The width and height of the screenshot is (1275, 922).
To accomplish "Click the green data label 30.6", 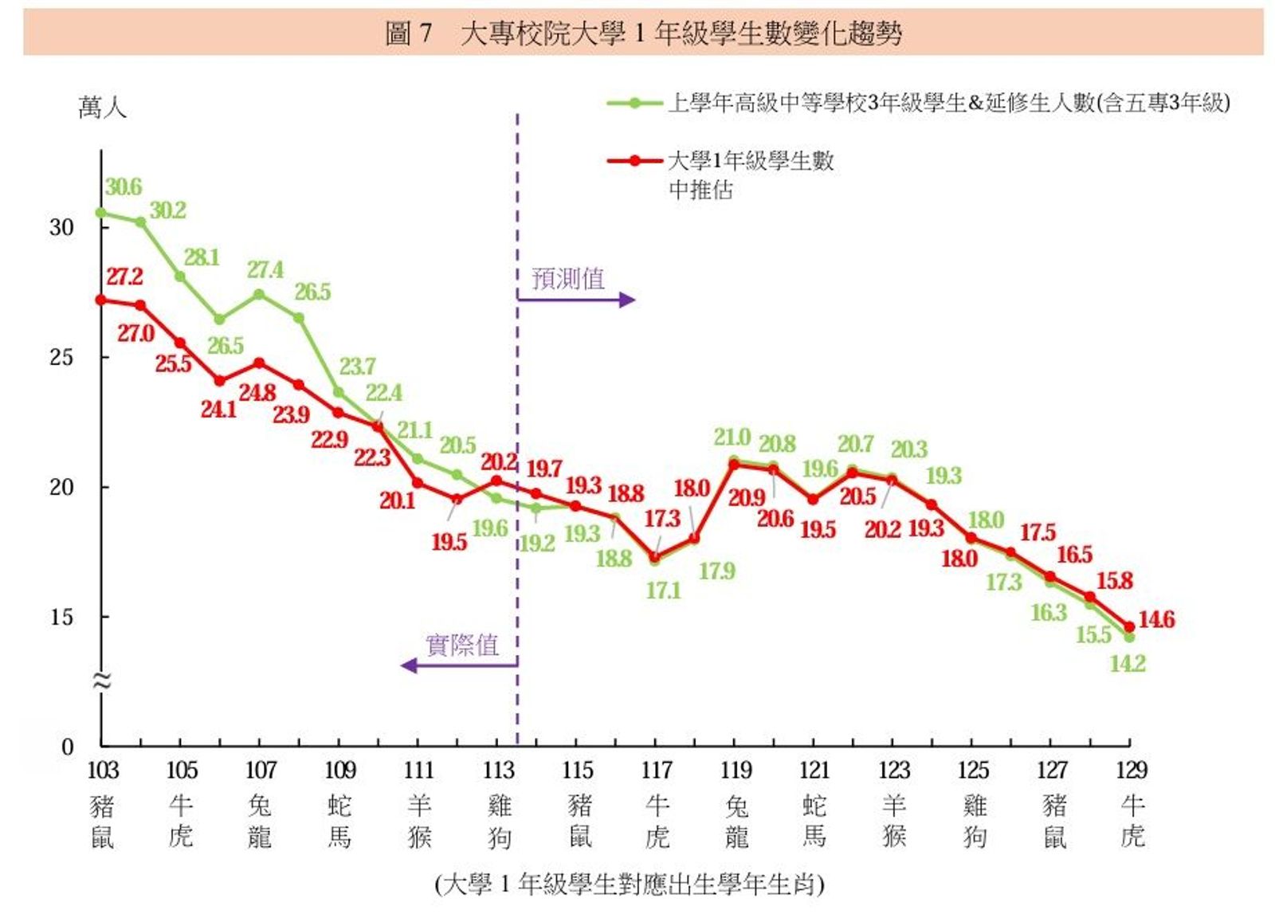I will [124, 187].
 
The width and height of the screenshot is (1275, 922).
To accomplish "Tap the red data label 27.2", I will [125, 277].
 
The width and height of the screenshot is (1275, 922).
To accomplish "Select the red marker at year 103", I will [101, 300].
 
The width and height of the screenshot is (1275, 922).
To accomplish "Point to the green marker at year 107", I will [260, 294].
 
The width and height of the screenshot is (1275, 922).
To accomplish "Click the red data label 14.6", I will [1156, 619].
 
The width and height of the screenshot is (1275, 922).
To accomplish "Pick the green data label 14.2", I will [1128, 663].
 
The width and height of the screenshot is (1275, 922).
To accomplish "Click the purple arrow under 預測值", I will [575, 300].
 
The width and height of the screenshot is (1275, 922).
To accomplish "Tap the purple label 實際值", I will [462, 645].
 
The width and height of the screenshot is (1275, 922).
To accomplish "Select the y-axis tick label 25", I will [61, 357].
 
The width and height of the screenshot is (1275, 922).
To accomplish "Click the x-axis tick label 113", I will [498, 771].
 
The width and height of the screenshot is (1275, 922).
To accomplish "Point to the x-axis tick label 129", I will [1131, 771].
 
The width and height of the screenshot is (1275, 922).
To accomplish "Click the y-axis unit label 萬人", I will [102, 108].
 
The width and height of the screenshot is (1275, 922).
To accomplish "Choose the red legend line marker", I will [634, 161].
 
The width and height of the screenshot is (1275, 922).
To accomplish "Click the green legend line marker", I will [634, 103].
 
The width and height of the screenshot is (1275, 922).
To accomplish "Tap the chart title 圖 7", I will [408, 33].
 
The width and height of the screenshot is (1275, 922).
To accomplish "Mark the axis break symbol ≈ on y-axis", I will [101, 680].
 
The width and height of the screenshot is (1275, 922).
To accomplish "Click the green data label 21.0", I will [732, 437].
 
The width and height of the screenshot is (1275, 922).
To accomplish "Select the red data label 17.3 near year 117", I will [662, 519].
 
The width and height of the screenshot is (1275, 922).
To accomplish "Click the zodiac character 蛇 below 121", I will [814, 806].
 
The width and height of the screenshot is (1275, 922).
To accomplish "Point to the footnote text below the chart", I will [630, 885].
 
